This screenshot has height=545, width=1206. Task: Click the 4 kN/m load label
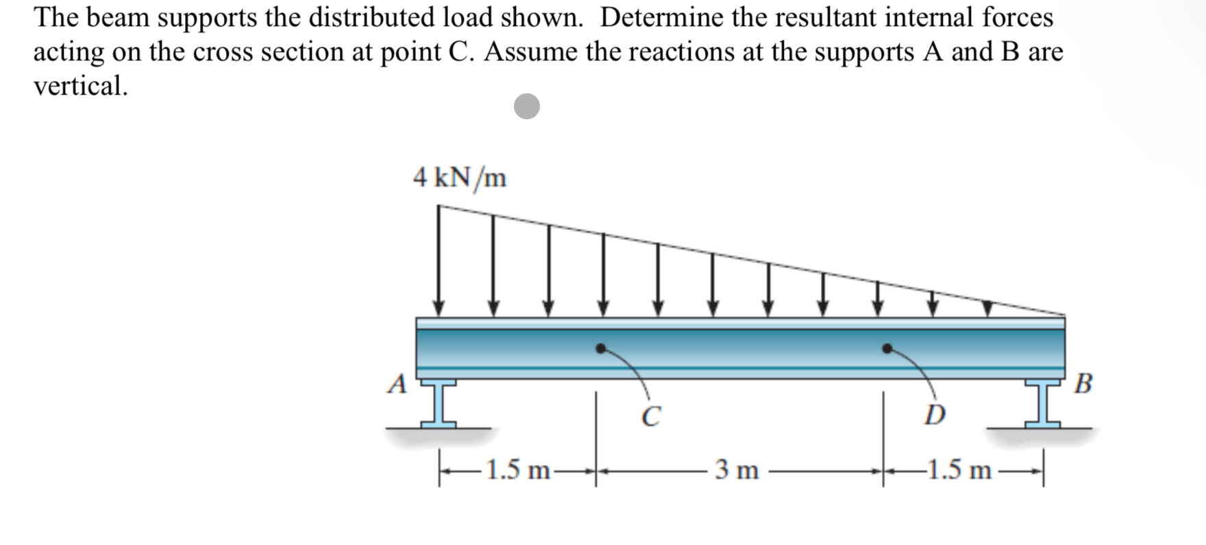[460, 178]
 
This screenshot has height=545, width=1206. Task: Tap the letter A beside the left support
[396, 384]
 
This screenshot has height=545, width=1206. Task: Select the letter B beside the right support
[1083, 384]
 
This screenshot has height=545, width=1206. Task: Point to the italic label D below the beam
[935, 415]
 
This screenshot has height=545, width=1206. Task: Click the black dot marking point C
[601, 348]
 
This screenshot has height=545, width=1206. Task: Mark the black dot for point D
[887, 348]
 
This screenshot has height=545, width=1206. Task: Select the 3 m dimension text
[737, 470]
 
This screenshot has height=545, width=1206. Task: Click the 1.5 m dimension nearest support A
[518, 470]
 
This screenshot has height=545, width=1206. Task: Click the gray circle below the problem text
[527, 106]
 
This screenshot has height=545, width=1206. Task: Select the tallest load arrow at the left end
[439, 261]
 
